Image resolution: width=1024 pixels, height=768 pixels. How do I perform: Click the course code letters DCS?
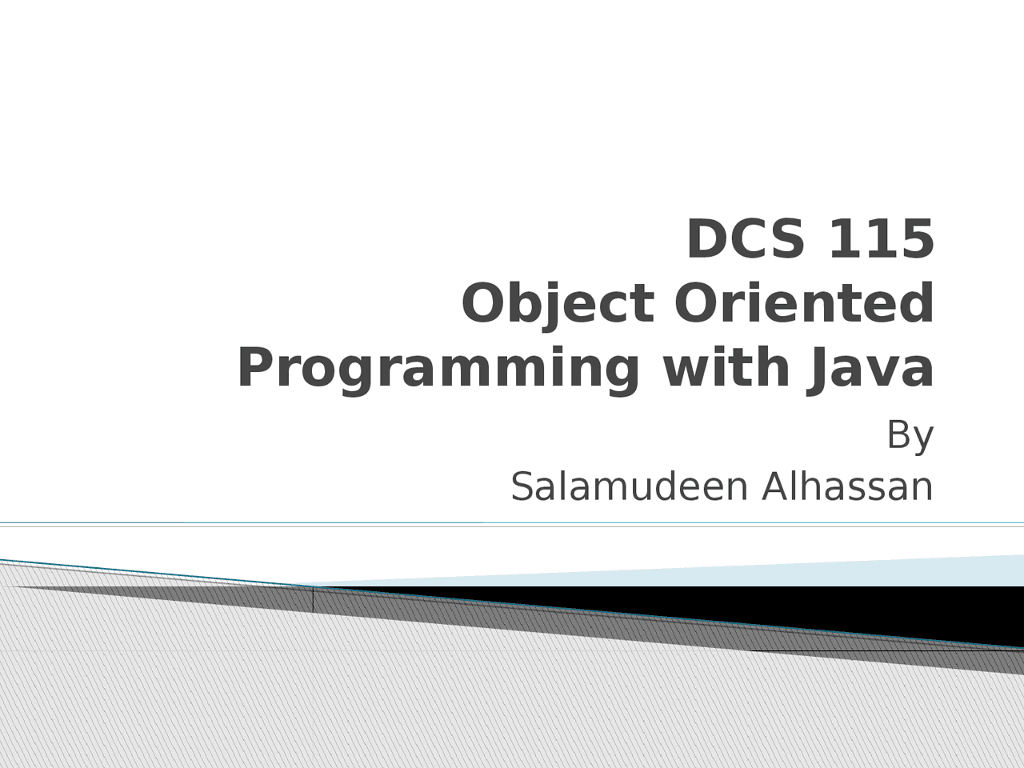(746, 238)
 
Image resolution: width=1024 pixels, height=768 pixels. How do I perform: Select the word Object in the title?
(558, 303)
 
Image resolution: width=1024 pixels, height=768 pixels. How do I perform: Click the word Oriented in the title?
(804, 303)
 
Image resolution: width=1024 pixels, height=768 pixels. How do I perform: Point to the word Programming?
(438, 368)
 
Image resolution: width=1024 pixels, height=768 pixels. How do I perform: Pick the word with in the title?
(726, 367)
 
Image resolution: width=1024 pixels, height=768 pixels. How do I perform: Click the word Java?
(870, 368)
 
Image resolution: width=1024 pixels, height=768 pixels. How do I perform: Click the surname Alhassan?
(848, 486)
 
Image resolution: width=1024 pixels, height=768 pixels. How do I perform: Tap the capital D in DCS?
(708, 239)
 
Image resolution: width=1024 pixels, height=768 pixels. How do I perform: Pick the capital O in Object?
(484, 303)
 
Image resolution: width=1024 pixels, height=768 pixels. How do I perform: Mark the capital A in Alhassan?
(778, 487)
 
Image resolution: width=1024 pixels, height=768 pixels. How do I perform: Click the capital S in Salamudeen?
(523, 487)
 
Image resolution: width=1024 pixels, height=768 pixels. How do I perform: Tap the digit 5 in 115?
(917, 239)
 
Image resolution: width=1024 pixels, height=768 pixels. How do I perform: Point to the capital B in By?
(898, 434)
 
